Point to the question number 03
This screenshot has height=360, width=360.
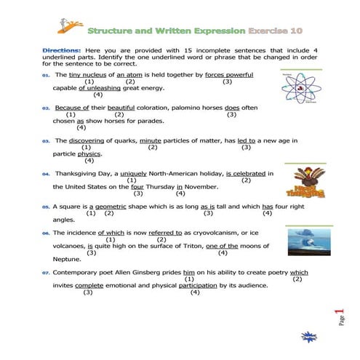(x=45, y=141)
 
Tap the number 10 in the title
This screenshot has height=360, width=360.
(x=295, y=32)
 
